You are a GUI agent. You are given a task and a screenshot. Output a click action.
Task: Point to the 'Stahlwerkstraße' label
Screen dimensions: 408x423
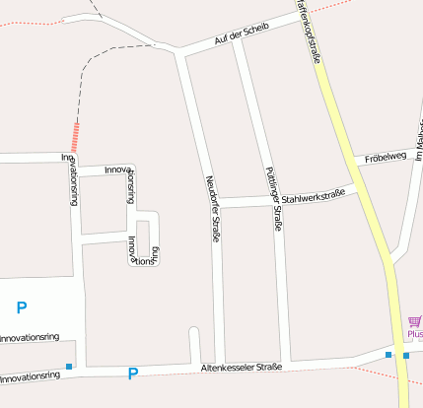[x=308, y=197]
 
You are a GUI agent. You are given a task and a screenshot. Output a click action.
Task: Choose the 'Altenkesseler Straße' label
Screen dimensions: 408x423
[x=242, y=368]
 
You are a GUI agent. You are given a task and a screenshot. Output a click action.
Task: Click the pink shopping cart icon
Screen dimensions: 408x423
[x=414, y=322]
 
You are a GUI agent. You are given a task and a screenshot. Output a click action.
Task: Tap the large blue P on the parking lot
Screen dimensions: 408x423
[x=22, y=307]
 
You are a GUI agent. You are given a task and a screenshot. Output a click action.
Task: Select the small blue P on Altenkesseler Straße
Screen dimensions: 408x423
[x=133, y=373]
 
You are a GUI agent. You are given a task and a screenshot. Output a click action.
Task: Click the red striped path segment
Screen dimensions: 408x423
[x=75, y=135]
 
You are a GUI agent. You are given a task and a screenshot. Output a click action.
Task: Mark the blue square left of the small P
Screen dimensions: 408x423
[x=69, y=368]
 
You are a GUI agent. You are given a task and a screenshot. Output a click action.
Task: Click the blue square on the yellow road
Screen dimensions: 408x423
[x=405, y=355]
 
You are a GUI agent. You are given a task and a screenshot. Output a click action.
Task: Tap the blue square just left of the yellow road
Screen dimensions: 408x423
[x=389, y=354]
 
